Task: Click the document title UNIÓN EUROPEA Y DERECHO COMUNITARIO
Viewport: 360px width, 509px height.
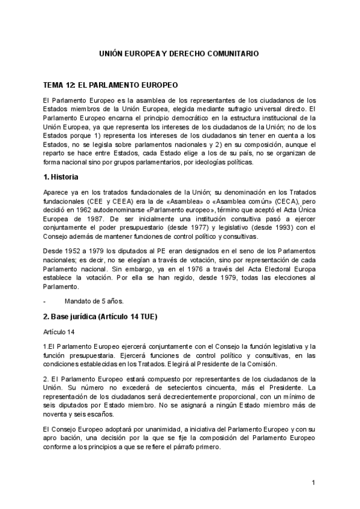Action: (179, 53)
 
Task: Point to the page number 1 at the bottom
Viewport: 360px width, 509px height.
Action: (313, 483)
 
